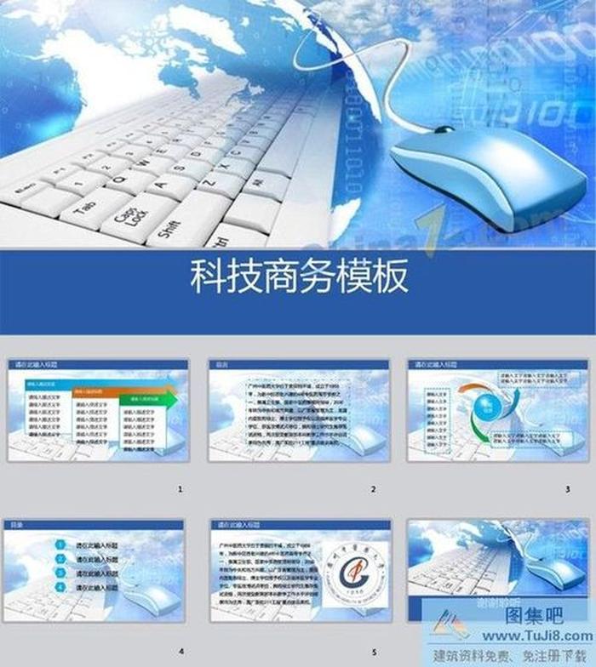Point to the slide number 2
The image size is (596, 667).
(x=373, y=490)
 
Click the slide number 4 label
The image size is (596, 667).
(x=181, y=652)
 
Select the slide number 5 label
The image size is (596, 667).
(x=373, y=652)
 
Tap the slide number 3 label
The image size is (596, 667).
(x=567, y=490)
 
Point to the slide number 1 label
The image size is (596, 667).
(x=181, y=490)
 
